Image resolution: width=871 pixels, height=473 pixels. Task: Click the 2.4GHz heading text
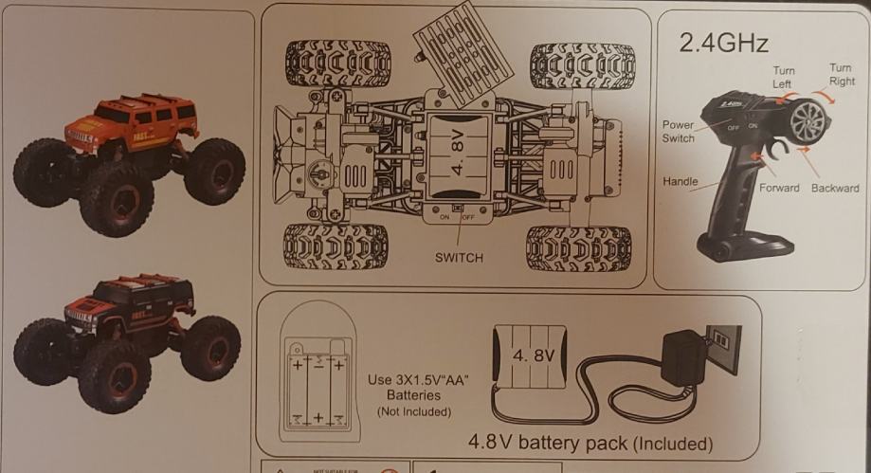pyautogui.click(x=723, y=43)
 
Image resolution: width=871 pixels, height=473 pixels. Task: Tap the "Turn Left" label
pyautogui.click(x=784, y=77)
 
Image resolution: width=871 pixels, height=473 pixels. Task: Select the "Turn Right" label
pyautogui.click(x=840, y=74)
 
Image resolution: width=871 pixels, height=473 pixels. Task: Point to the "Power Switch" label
pyautogui.click(x=679, y=132)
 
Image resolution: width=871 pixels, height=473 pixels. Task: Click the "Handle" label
pyautogui.click(x=680, y=180)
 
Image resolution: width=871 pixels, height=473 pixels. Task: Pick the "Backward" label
pyautogui.click(x=835, y=189)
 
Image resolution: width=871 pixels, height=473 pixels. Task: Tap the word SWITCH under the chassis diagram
pyautogui.click(x=460, y=257)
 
